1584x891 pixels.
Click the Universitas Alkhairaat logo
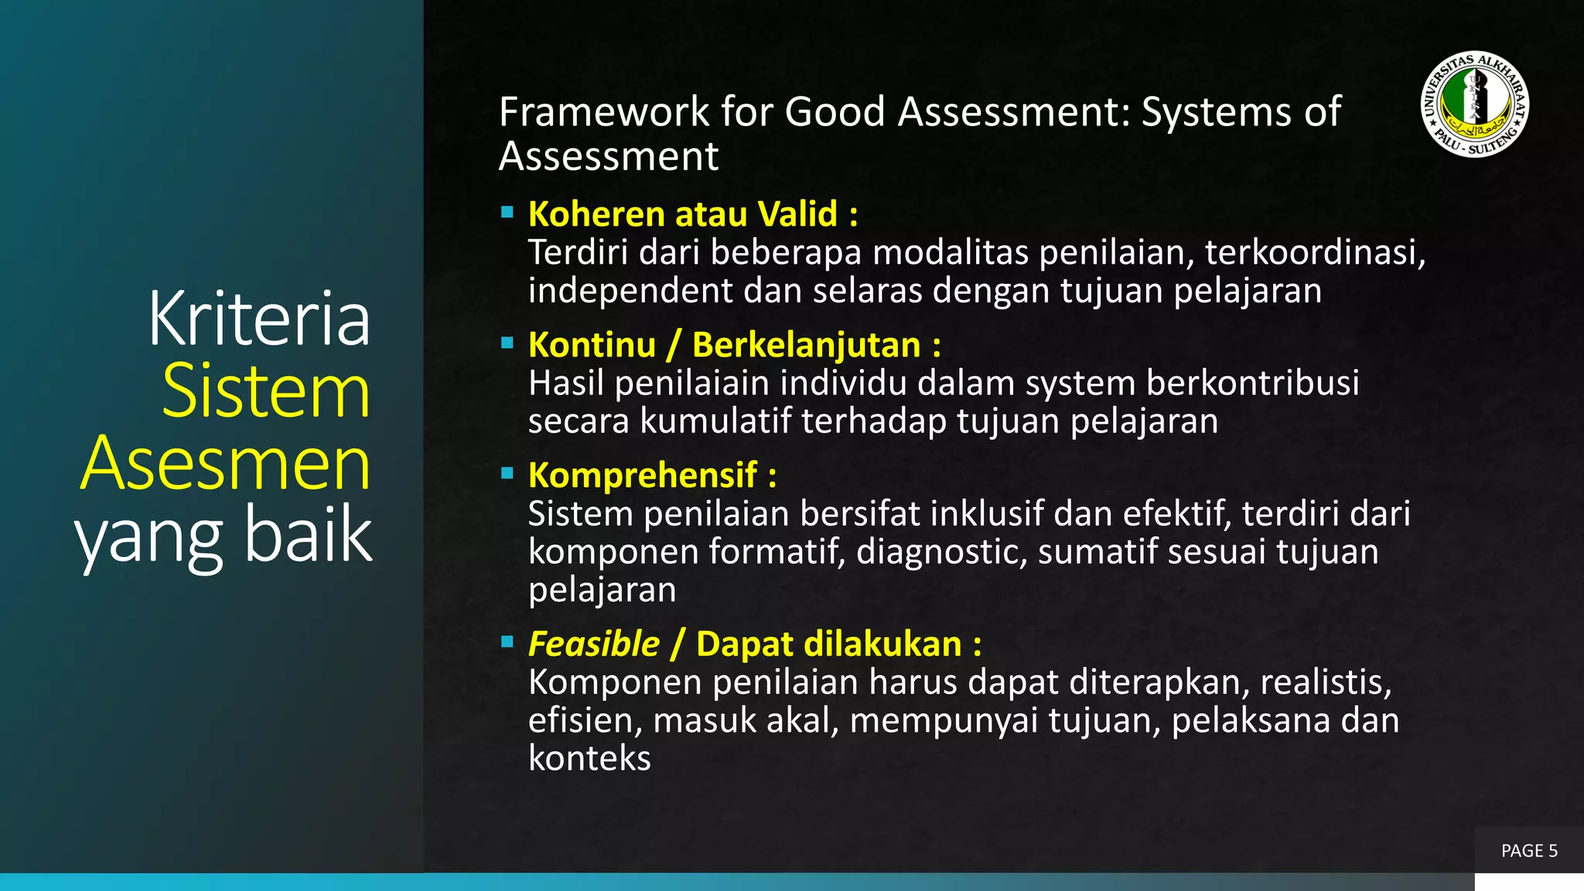coord(1475,104)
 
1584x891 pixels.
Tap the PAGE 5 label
coord(1529,851)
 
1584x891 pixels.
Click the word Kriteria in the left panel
coord(259,318)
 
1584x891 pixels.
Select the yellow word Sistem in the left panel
coord(266,391)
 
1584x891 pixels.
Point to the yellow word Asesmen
coord(225,464)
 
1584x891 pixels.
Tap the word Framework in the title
coord(604,112)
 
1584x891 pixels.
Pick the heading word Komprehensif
coord(643,476)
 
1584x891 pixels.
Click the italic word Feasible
coord(594,644)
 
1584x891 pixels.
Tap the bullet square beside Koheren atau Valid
coord(507,212)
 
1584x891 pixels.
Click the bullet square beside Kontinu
coord(507,343)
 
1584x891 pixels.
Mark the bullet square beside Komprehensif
coord(507,473)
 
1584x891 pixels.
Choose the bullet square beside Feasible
coord(507,642)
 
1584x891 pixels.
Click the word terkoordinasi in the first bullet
coord(1314,253)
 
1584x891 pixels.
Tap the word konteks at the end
coord(589,759)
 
